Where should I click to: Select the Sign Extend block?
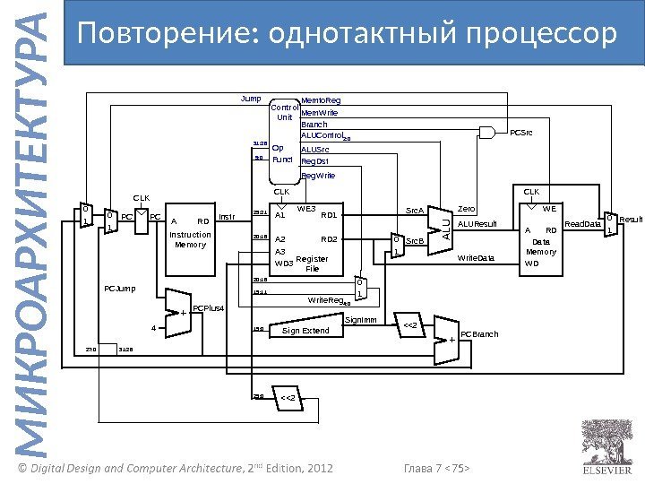[305, 331]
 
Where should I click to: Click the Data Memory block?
[544, 239]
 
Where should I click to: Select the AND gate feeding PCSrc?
[487, 133]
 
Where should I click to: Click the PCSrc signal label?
[520, 133]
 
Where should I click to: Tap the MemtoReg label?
[321, 100]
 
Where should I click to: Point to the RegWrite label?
[318, 176]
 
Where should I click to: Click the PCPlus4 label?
[208, 308]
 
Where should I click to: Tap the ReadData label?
[583, 224]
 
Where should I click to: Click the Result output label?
[631, 219]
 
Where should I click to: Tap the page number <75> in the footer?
[460, 467]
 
